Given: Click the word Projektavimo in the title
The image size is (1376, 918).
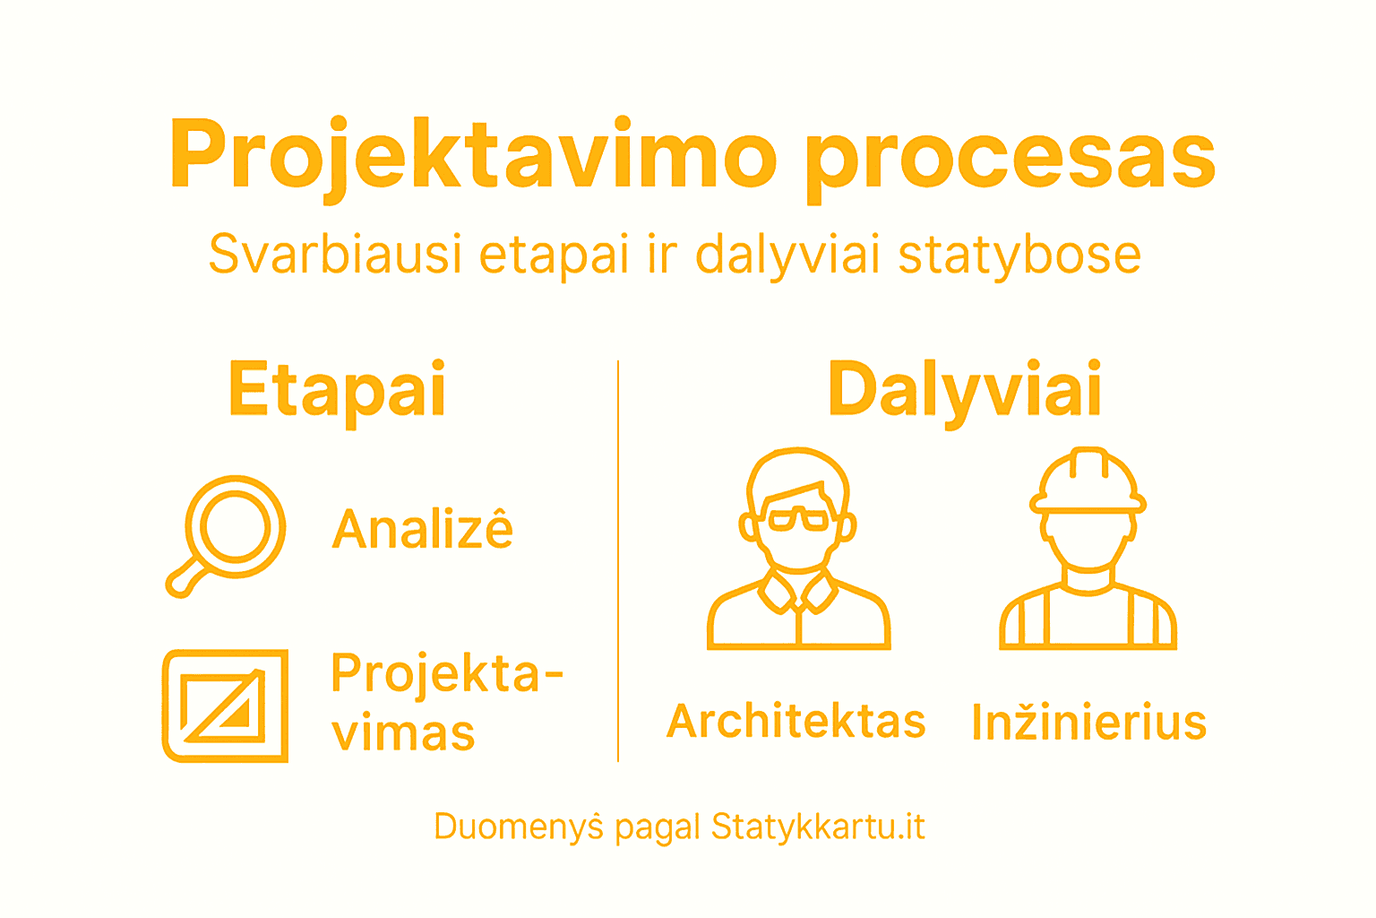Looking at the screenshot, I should (473, 154).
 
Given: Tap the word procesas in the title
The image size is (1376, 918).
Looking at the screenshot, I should (1010, 157).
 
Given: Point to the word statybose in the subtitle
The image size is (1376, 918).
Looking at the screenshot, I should (1019, 255).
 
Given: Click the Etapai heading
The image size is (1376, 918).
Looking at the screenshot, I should (338, 390).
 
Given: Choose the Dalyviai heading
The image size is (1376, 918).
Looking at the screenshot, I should (965, 390).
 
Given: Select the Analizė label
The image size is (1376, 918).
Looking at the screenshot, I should (423, 528).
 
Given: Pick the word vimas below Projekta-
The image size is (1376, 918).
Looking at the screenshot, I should (403, 733).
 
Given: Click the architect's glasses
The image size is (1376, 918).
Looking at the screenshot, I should (799, 518).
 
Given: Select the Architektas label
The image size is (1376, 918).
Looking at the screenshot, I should (796, 722).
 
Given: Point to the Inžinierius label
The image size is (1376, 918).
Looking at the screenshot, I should (1089, 723).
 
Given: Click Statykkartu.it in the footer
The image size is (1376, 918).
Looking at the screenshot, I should (818, 826).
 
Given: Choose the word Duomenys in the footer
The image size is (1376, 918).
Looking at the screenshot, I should (519, 826).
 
